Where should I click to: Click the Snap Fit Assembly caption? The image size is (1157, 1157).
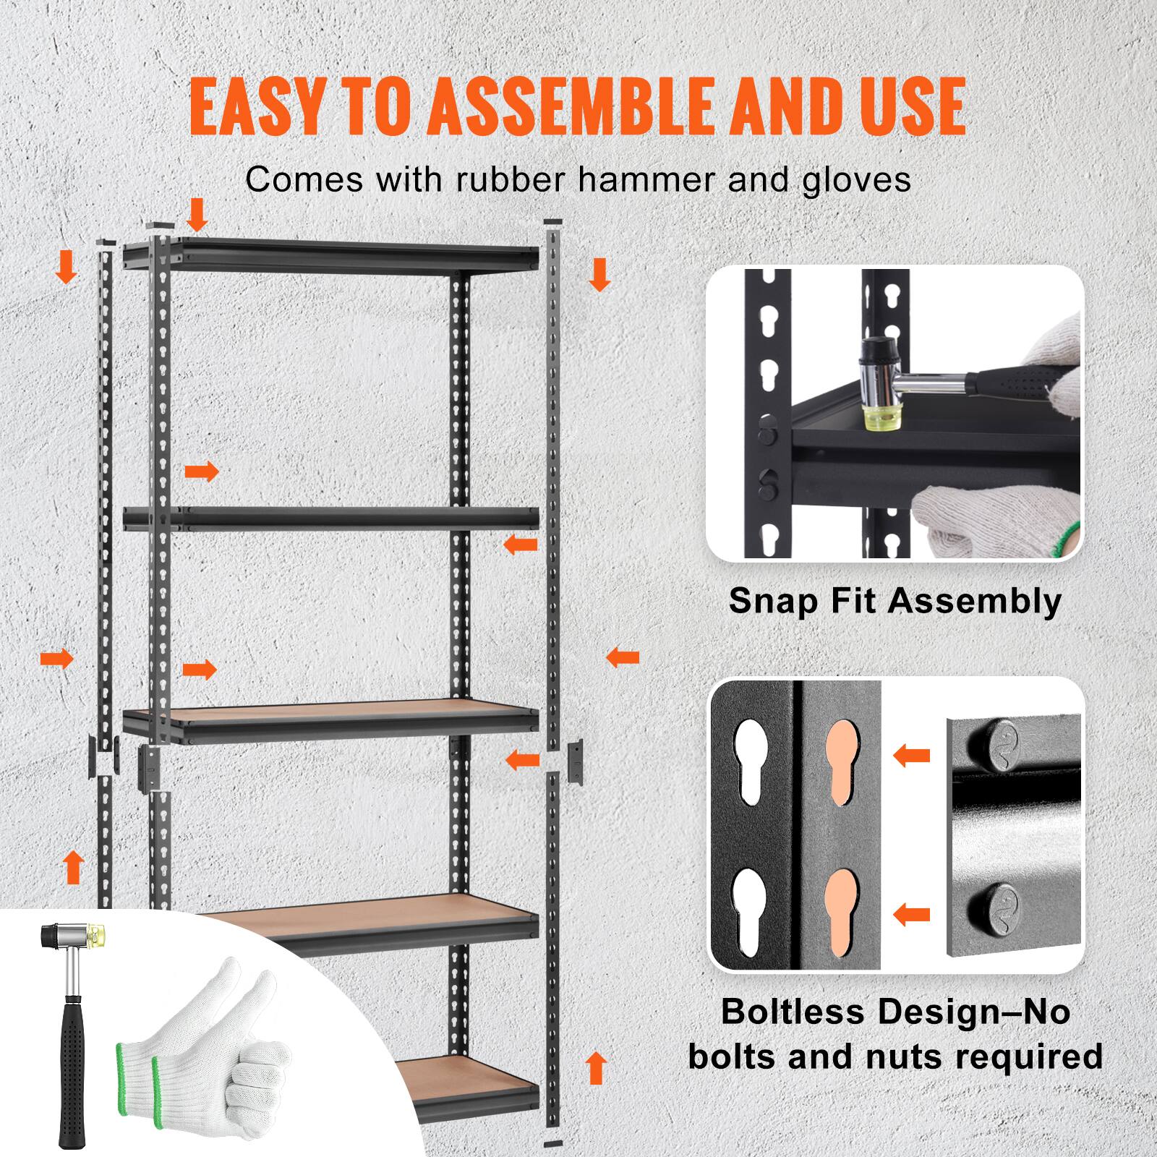pos(895,601)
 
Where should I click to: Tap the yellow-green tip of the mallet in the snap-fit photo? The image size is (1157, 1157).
pos(876,418)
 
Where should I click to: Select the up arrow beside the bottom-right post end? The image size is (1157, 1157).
pos(596,1068)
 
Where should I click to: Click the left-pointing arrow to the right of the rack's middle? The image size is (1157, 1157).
pos(623,658)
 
